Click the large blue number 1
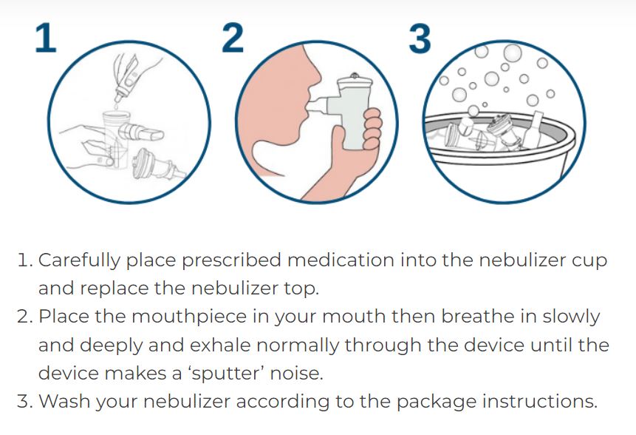[x=47, y=38]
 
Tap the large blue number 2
[x=233, y=38]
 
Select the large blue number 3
[x=420, y=39]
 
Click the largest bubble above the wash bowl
[x=513, y=53]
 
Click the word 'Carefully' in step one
[x=79, y=260]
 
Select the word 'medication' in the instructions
[x=341, y=260]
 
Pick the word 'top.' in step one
[x=301, y=289]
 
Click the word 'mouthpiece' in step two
[x=189, y=317]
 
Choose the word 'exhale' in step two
[x=220, y=345]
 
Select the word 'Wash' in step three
[x=64, y=401]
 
